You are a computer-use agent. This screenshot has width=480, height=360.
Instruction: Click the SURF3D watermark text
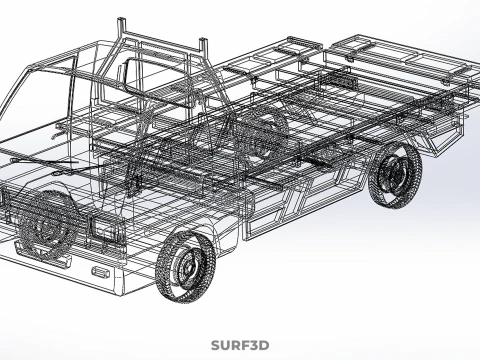click(x=239, y=346)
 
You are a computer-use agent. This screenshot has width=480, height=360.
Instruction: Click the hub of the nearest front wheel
click(x=188, y=265)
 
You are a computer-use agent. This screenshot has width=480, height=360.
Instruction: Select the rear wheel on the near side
click(x=395, y=175)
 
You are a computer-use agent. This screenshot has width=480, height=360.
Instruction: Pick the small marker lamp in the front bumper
click(x=101, y=271)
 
